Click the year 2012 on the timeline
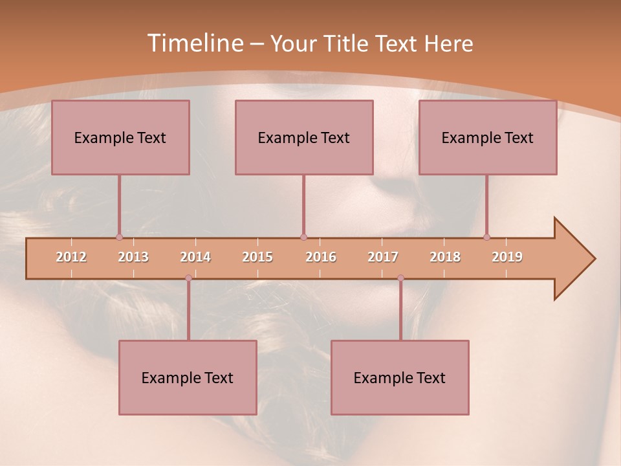71,257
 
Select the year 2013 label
133,257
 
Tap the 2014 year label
195,257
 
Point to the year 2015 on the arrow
257,257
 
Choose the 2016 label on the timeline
321,257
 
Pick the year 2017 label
383,257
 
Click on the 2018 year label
445,257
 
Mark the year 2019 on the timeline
507,257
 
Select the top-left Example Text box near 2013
120,137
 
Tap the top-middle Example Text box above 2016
304,137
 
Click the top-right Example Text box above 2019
488,137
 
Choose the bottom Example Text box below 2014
188,377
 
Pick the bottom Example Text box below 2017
400,377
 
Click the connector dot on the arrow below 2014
188,278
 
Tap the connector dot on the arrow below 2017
400,278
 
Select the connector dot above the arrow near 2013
119,237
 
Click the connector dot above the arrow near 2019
486,237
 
